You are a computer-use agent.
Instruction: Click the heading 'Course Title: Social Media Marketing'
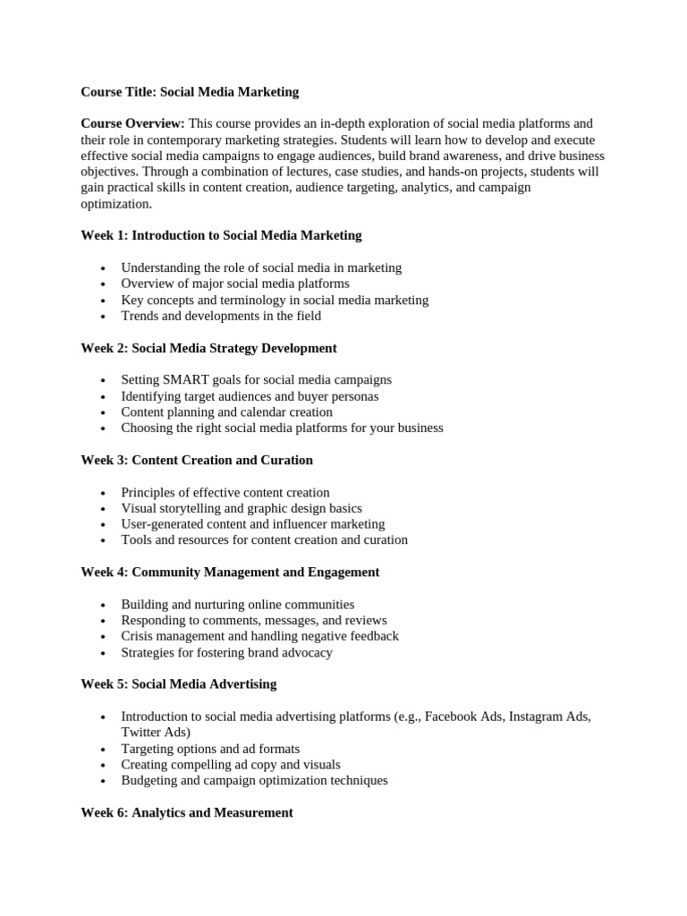point(190,91)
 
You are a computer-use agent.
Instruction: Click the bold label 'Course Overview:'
point(132,123)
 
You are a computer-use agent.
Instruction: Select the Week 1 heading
point(221,235)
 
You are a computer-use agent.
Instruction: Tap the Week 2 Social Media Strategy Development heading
point(208,348)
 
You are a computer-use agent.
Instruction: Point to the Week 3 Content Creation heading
point(197,460)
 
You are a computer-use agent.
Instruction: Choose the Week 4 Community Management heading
point(230,572)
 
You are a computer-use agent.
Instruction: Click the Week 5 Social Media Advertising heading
point(178,684)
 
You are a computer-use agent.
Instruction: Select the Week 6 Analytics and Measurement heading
point(186,813)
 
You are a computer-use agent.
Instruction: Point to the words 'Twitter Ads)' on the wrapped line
point(156,732)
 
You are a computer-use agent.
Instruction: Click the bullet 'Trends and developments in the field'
point(221,316)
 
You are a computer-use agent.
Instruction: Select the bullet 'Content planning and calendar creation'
point(226,411)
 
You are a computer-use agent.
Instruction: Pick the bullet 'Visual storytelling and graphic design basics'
point(242,508)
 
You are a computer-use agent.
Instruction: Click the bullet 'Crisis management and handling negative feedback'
point(259,636)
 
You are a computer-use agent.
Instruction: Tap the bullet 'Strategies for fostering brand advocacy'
point(226,652)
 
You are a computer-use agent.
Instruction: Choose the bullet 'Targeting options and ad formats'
point(210,748)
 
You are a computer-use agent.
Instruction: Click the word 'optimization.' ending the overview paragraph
point(116,204)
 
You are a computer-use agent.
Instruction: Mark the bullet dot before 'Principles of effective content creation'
point(104,493)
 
